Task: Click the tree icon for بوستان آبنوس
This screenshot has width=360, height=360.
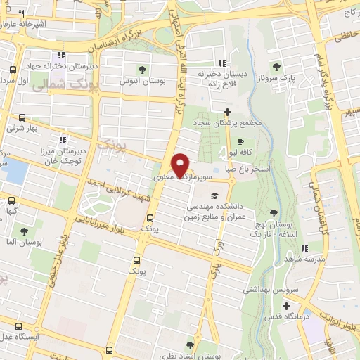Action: tap(143, 70)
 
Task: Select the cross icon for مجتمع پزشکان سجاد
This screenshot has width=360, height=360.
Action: tap(226, 112)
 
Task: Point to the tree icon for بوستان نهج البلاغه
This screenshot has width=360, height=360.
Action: tap(274, 214)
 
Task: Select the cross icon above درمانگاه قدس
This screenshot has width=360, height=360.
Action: tap(286, 305)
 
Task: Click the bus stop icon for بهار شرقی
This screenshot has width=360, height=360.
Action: tap(22, 118)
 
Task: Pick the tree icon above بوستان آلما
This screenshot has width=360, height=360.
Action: tap(24, 231)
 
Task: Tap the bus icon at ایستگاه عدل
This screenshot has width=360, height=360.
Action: tap(18, 326)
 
